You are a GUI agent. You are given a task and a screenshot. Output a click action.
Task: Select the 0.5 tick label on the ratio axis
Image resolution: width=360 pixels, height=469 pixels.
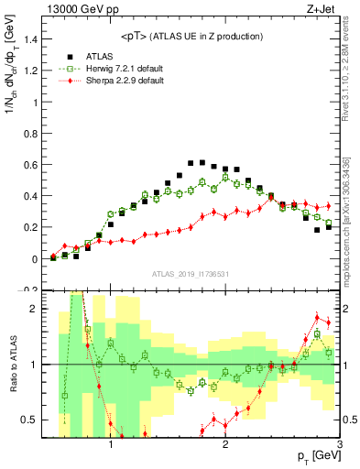(29, 420)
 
